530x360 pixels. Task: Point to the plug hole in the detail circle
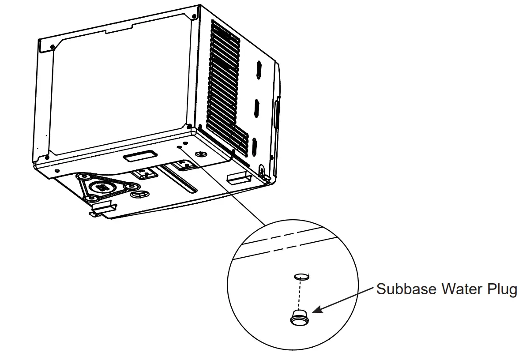pyautogui.click(x=301, y=276)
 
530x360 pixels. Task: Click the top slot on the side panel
pyautogui.click(x=258, y=69)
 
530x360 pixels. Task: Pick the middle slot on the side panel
pyautogui.click(x=256, y=108)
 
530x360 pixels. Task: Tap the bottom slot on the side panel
pyautogui.click(x=254, y=146)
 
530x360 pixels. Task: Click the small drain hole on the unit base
pyautogui.click(x=179, y=147)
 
